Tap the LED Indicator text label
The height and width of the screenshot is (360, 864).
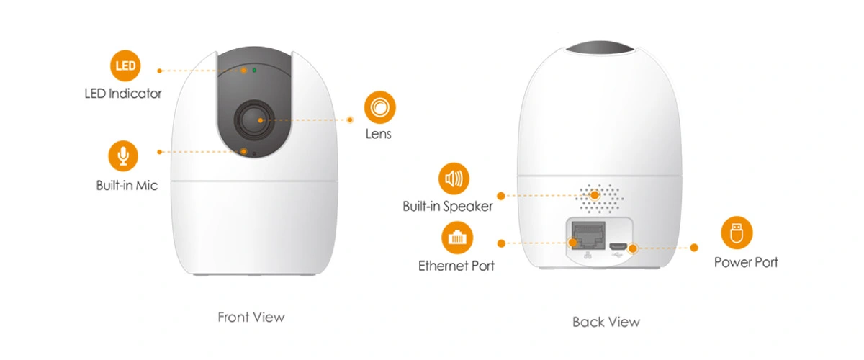pyautogui.click(x=123, y=94)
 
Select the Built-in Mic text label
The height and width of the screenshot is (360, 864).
pyautogui.click(x=127, y=186)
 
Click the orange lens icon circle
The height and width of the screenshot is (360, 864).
pyautogui.click(x=379, y=107)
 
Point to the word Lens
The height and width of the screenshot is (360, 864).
pyautogui.click(x=379, y=134)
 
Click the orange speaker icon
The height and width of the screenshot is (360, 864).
pyautogui.click(x=454, y=178)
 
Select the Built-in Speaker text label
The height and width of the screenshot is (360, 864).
pyautogui.click(x=448, y=207)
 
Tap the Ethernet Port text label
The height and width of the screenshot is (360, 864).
pyautogui.click(x=456, y=266)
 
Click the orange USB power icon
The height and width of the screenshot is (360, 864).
pyautogui.click(x=737, y=233)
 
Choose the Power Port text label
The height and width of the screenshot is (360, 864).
pyautogui.click(x=746, y=263)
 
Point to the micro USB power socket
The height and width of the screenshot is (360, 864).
pyautogui.click(x=617, y=246)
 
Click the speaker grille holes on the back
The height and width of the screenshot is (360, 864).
pyautogui.click(x=600, y=197)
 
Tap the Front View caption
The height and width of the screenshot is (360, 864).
pyautogui.click(x=251, y=317)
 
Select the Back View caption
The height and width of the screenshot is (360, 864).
pyautogui.click(x=606, y=322)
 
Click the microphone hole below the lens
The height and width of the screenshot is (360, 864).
pyautogui.click(x=246, y=152)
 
